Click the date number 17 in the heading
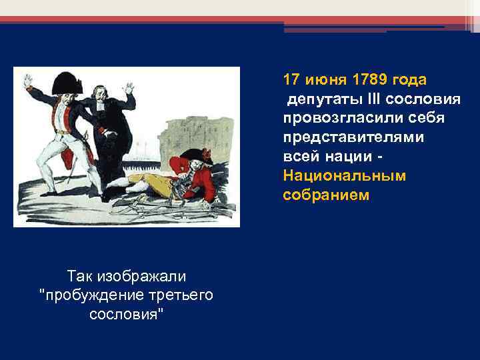pyautogui.click(x=290, y=80)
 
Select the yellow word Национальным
pyautogui.click(x=344, y=176)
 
